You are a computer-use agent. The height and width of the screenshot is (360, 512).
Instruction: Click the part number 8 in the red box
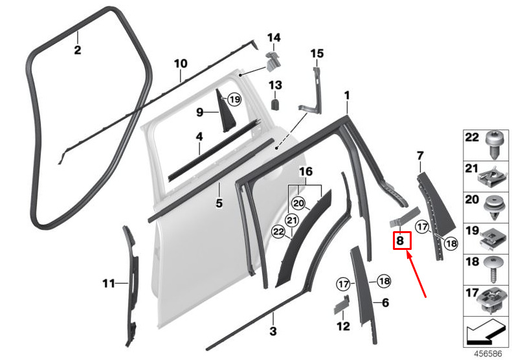[400, 240]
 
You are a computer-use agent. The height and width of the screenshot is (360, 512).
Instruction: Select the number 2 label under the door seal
[78, 51]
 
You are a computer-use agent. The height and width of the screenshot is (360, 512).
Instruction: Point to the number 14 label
[274, 38]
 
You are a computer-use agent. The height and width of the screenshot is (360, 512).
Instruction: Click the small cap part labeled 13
[276, 104]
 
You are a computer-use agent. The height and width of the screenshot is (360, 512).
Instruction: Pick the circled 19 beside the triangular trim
[234, 99]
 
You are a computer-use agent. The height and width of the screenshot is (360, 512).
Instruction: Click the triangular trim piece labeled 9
[225, 112]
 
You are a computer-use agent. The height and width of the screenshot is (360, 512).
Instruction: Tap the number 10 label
[181, 63]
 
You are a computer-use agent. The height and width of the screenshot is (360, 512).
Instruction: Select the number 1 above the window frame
[347, 96]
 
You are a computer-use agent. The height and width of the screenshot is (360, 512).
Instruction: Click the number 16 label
[306, 172]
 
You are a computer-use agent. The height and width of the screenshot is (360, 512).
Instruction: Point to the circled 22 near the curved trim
[278, 232]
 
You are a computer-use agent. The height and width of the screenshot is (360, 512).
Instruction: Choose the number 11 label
[109, 283]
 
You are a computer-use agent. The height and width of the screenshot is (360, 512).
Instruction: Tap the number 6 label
[385, 303]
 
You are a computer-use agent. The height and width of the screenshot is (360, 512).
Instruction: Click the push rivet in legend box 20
[494, 207]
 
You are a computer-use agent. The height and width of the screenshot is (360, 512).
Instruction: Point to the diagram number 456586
[488, 354]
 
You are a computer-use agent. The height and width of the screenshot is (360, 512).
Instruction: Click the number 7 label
[420, 156]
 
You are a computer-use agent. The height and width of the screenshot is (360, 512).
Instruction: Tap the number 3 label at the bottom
[273, 332]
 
